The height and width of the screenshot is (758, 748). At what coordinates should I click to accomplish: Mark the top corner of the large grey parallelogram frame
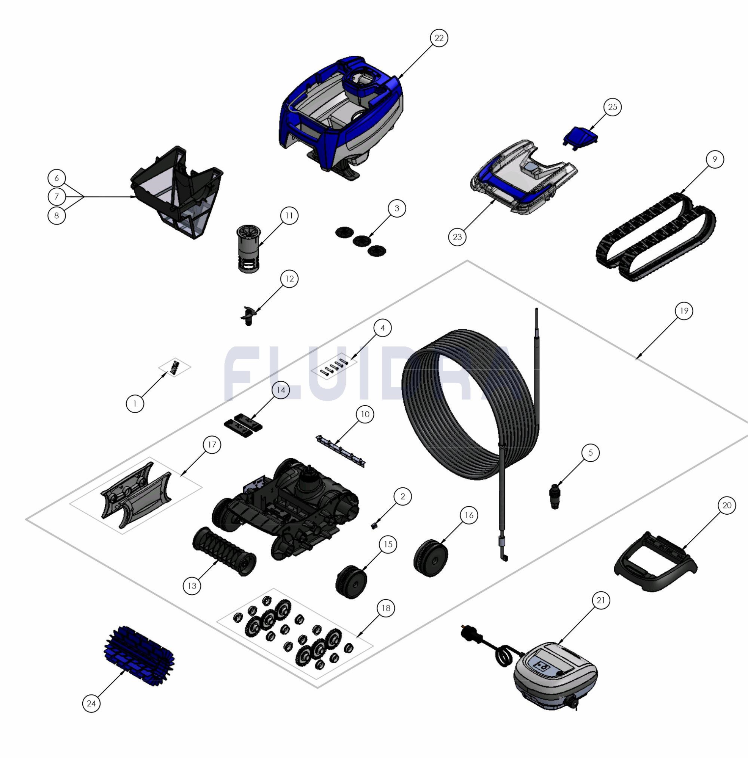tap(467, 260)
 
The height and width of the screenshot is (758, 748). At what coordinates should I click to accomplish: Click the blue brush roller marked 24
tap(139, 653)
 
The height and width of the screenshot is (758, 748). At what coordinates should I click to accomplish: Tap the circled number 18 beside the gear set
tap(386, 608)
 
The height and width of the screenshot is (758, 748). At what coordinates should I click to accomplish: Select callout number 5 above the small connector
tap(591, 453)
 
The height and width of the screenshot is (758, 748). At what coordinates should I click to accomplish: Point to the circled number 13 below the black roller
tap(192, 586)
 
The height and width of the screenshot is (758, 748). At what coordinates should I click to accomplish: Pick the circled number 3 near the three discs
tap(397, 208)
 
